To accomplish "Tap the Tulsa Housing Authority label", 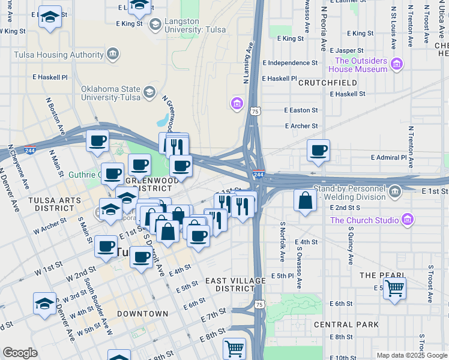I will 59,55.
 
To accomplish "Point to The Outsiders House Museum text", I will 361,65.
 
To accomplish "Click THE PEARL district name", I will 376,275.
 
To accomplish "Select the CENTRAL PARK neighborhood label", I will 346,325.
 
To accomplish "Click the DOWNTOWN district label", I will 142,314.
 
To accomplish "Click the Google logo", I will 20,353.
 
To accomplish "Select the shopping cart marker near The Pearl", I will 394,288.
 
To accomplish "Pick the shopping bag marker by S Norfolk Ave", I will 305,200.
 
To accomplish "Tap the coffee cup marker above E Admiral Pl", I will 318,150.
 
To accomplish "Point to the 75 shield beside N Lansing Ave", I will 256,111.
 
